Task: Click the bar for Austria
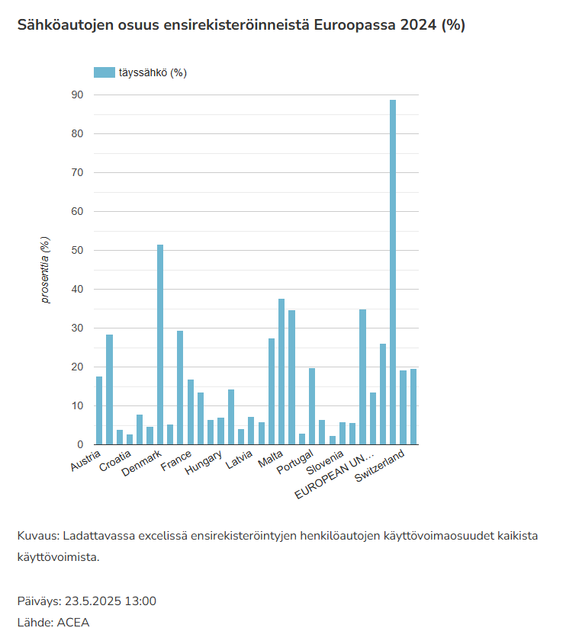[x=99, y=411]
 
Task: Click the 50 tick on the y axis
[x=77, y=251]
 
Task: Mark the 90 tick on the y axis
[x=77, y=95]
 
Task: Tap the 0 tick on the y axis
[x=80, y=444]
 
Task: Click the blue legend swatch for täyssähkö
[x=104, y=72]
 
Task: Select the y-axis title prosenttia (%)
[x=46, y=270]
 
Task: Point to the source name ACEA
[x=72, y=622]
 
